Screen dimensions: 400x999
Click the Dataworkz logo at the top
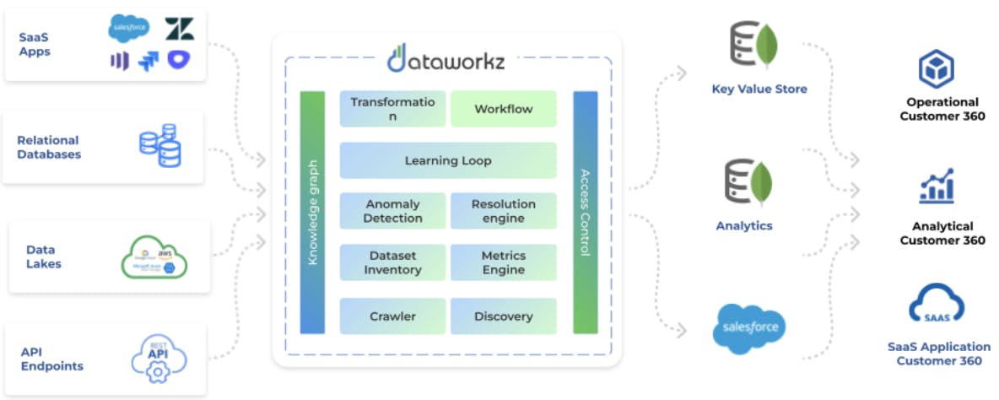click(x=447, y=57)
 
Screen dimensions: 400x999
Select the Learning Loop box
click(x=447, y=160)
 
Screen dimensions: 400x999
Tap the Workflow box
click(x=503, y=109)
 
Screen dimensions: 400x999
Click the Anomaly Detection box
click(x=392, y=211)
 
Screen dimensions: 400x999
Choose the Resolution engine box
click(x=503, y=211)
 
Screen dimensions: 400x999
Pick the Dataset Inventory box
click(x=392, y=262)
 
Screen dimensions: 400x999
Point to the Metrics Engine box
click(x=503, y=262)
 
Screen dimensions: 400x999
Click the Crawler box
click(x=392, y=316)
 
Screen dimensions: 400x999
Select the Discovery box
click(x=503, y=316)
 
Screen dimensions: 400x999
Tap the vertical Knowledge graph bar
click(x=312, y=212)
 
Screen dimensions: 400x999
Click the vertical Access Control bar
click(x=585, y=212)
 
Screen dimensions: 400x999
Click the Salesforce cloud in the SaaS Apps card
click(x=129, y=30)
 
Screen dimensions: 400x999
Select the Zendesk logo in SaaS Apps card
click(x=179, y=29)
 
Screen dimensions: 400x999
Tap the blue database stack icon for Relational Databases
click(x=160, y=145)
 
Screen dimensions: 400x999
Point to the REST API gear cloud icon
click(x=159, y=357)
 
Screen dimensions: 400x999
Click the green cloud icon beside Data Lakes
click(x=154, y=257)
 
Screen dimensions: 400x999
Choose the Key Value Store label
click(x=759, y=89)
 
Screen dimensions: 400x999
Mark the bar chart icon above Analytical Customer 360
click(x=937, y=186)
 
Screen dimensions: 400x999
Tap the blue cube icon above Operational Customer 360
click(x=936, y=68)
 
